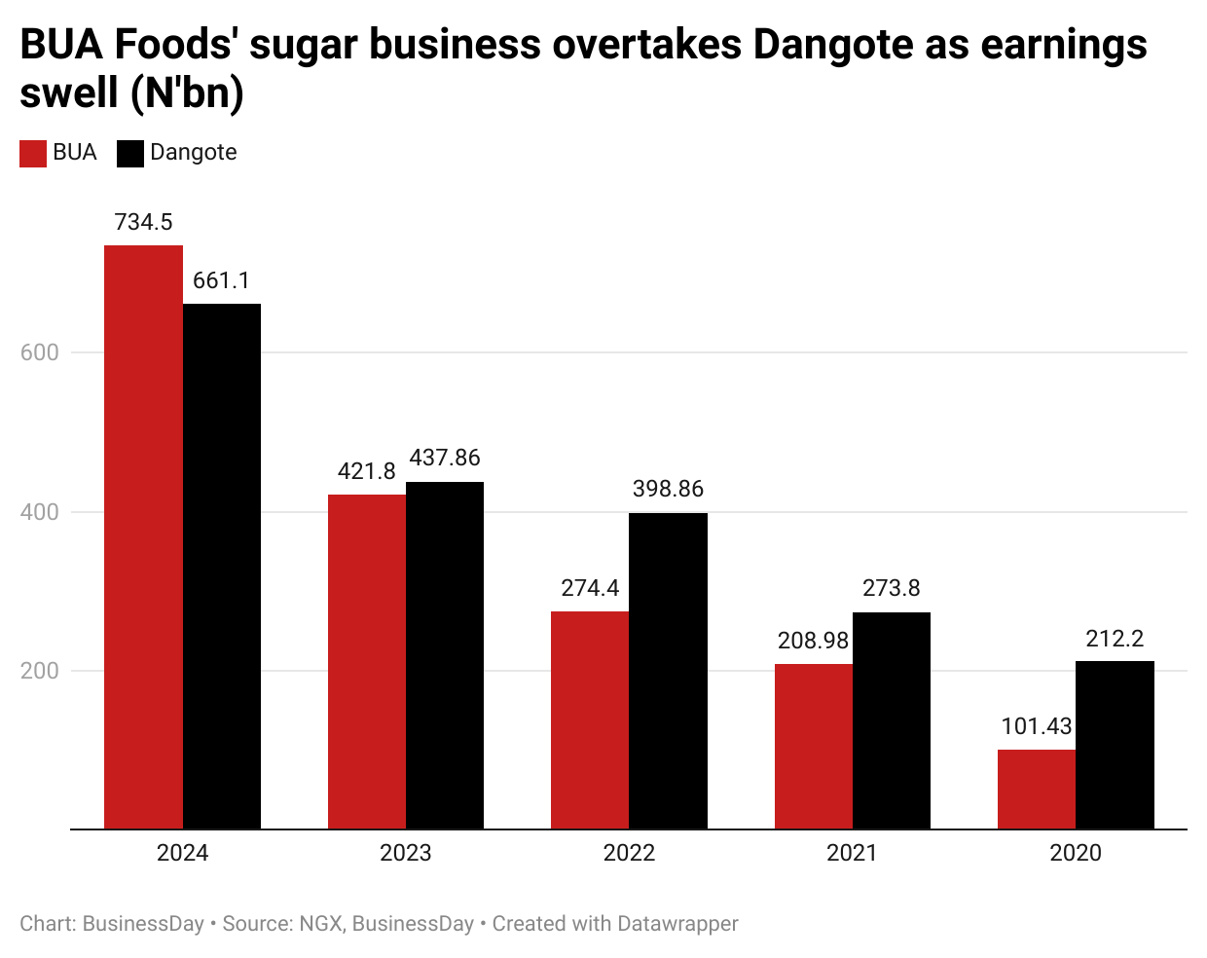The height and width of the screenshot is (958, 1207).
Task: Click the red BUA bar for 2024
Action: point(143,536)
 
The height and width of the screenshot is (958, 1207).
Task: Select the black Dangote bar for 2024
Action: point(222,566)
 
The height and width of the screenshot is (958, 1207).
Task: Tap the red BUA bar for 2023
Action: point(367,661)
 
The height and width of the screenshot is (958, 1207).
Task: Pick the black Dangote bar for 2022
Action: point(668,671)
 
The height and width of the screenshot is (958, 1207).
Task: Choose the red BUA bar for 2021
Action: point(813,746)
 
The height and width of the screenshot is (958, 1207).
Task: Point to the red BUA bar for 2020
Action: point(1037,789)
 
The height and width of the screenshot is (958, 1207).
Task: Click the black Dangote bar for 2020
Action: point(1115,745)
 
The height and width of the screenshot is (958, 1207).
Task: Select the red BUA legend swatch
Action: point(33,154)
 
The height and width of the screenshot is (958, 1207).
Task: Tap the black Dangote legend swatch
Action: point(130,154)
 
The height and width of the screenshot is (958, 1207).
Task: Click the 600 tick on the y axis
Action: point(40,352)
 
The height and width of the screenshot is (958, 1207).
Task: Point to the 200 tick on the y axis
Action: point(40,671)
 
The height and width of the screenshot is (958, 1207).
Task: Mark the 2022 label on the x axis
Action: point(629,853)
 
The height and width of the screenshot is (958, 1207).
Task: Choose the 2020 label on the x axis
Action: point(1076,853)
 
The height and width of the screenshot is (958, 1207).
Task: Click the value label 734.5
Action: point(143,222)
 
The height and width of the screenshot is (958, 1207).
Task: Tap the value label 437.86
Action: point(445,458)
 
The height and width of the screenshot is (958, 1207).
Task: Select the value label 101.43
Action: point(1037,726)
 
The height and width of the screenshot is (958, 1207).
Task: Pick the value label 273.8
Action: point(892,588)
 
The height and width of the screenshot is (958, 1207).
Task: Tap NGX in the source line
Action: point(320,923)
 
